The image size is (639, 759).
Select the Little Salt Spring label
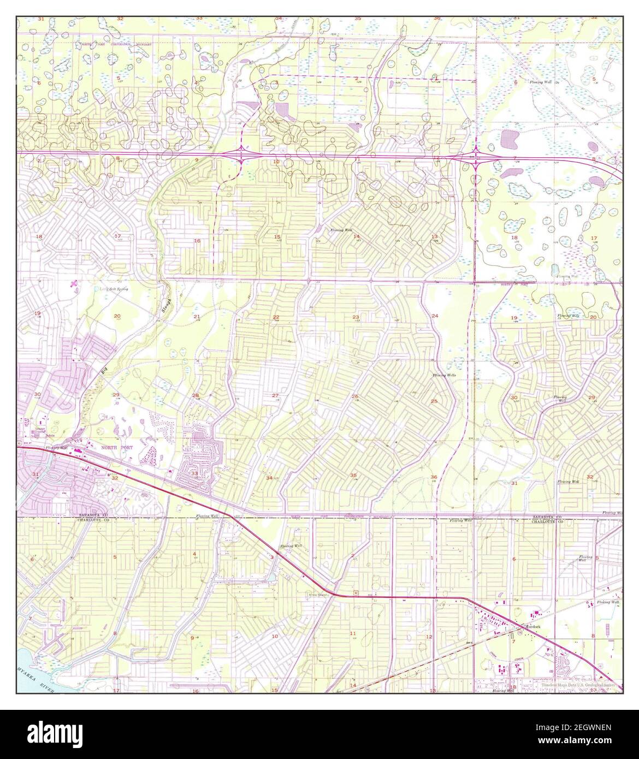(x=114, y=288)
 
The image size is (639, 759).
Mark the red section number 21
(x=197, y=317)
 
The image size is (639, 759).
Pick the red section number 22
(x=276, y=317)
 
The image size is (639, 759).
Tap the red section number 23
(x=356, y=317)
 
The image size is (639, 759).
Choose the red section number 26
(x=355, y=396)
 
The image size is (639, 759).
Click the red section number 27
(x=275, y=395)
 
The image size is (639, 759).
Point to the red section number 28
(x=195, y=395)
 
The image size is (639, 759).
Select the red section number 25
(x=434, y=401)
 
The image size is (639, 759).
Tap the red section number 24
(x=435, y=316)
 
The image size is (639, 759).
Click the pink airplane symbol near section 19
(x=74, y=283)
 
